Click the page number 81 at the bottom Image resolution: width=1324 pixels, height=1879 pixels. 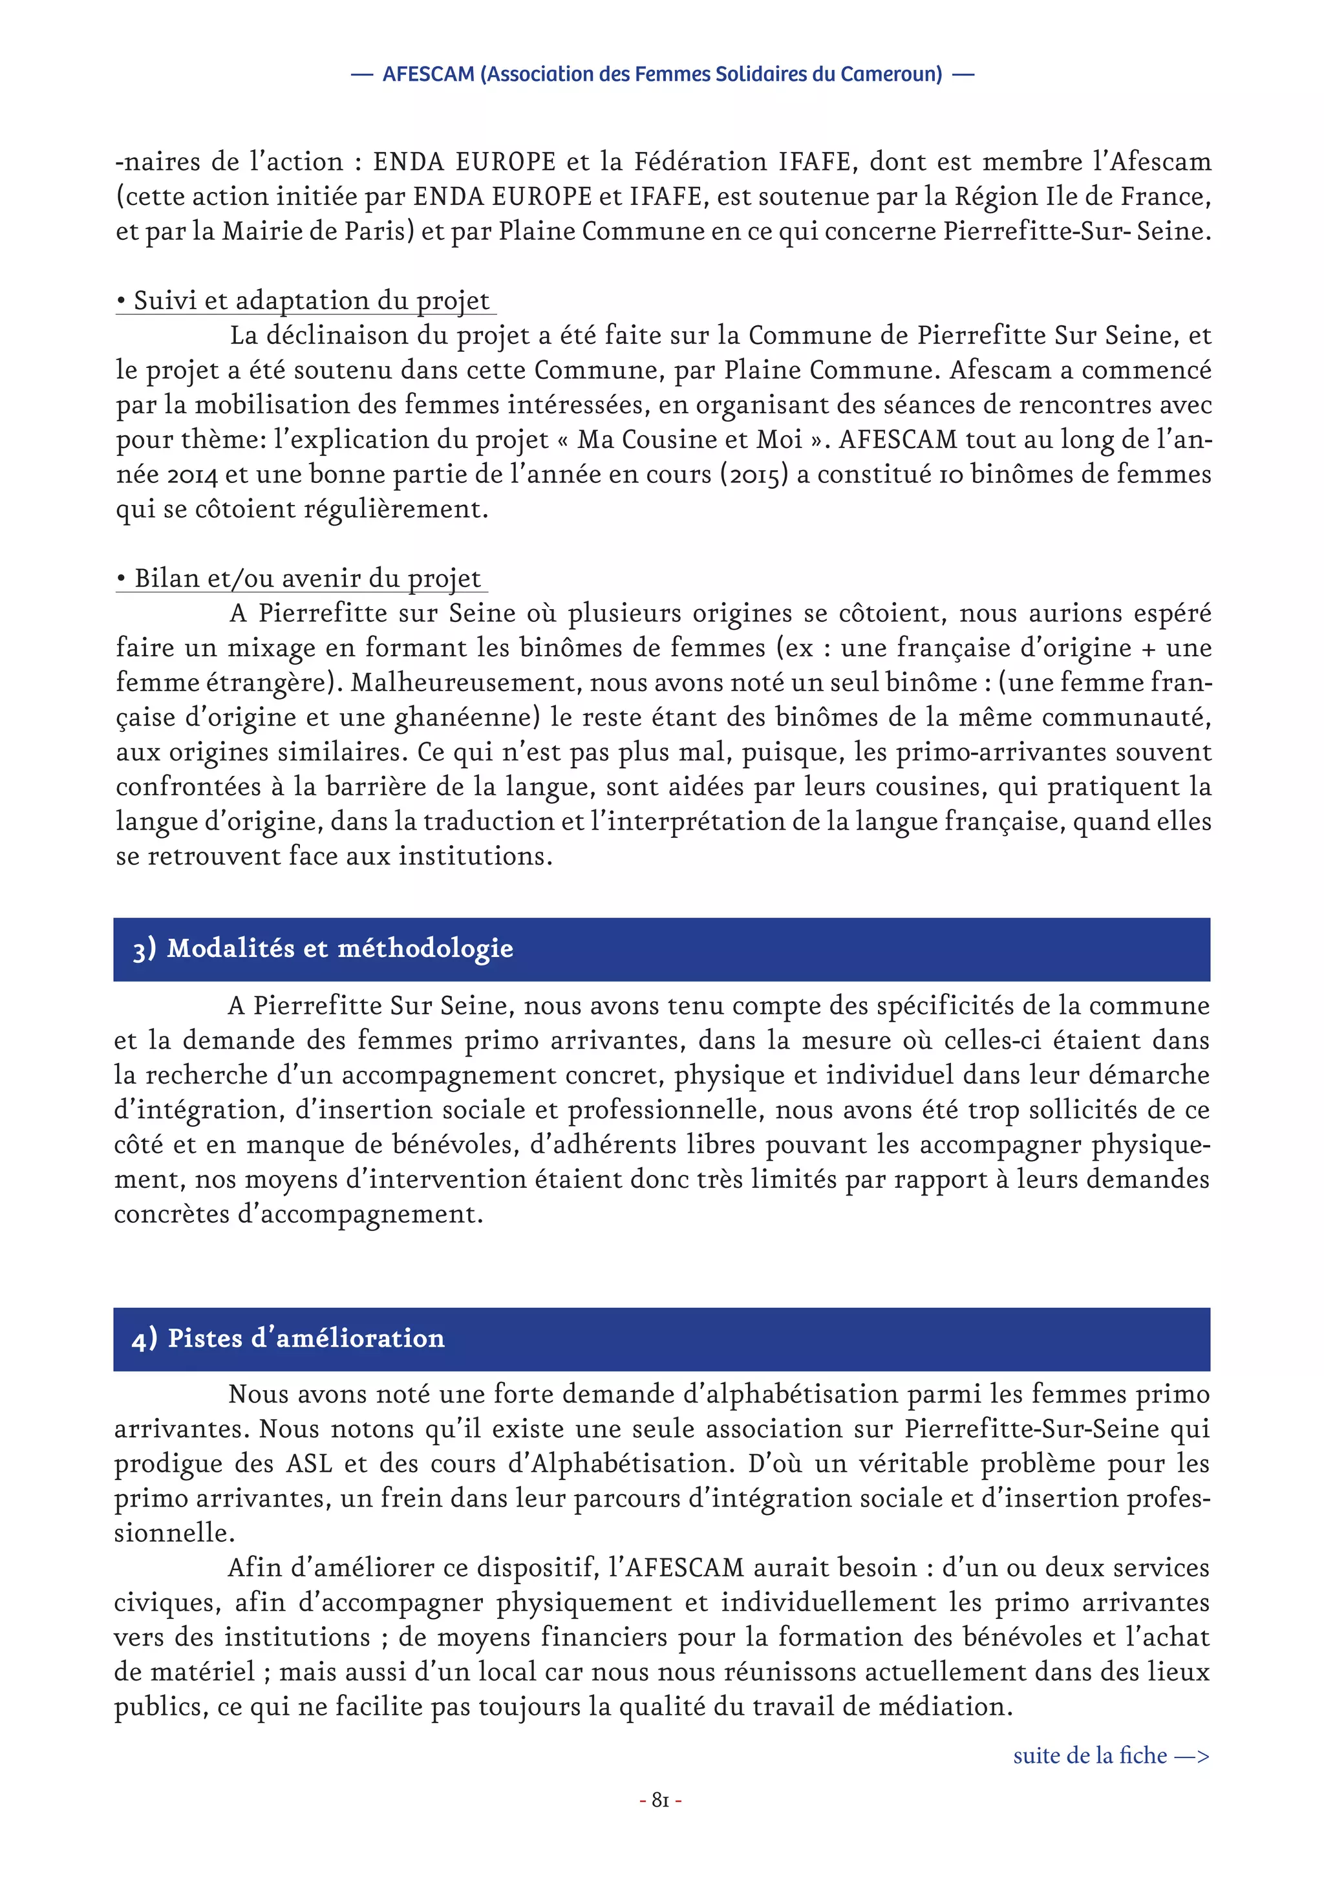coord(659,1799)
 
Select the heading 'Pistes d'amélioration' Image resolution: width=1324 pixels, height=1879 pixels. coord(305,1337)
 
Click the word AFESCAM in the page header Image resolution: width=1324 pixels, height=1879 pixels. coord(428,74)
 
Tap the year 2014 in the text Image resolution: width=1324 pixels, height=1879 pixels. coord(191,475)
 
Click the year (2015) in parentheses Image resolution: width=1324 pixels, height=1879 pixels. coord(753,475)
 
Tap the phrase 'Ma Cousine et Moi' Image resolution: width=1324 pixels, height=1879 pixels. coord(689,440)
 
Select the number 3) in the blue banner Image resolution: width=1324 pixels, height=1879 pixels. coord(144,949)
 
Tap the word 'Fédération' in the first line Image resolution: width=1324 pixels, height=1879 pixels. coord(700,162)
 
